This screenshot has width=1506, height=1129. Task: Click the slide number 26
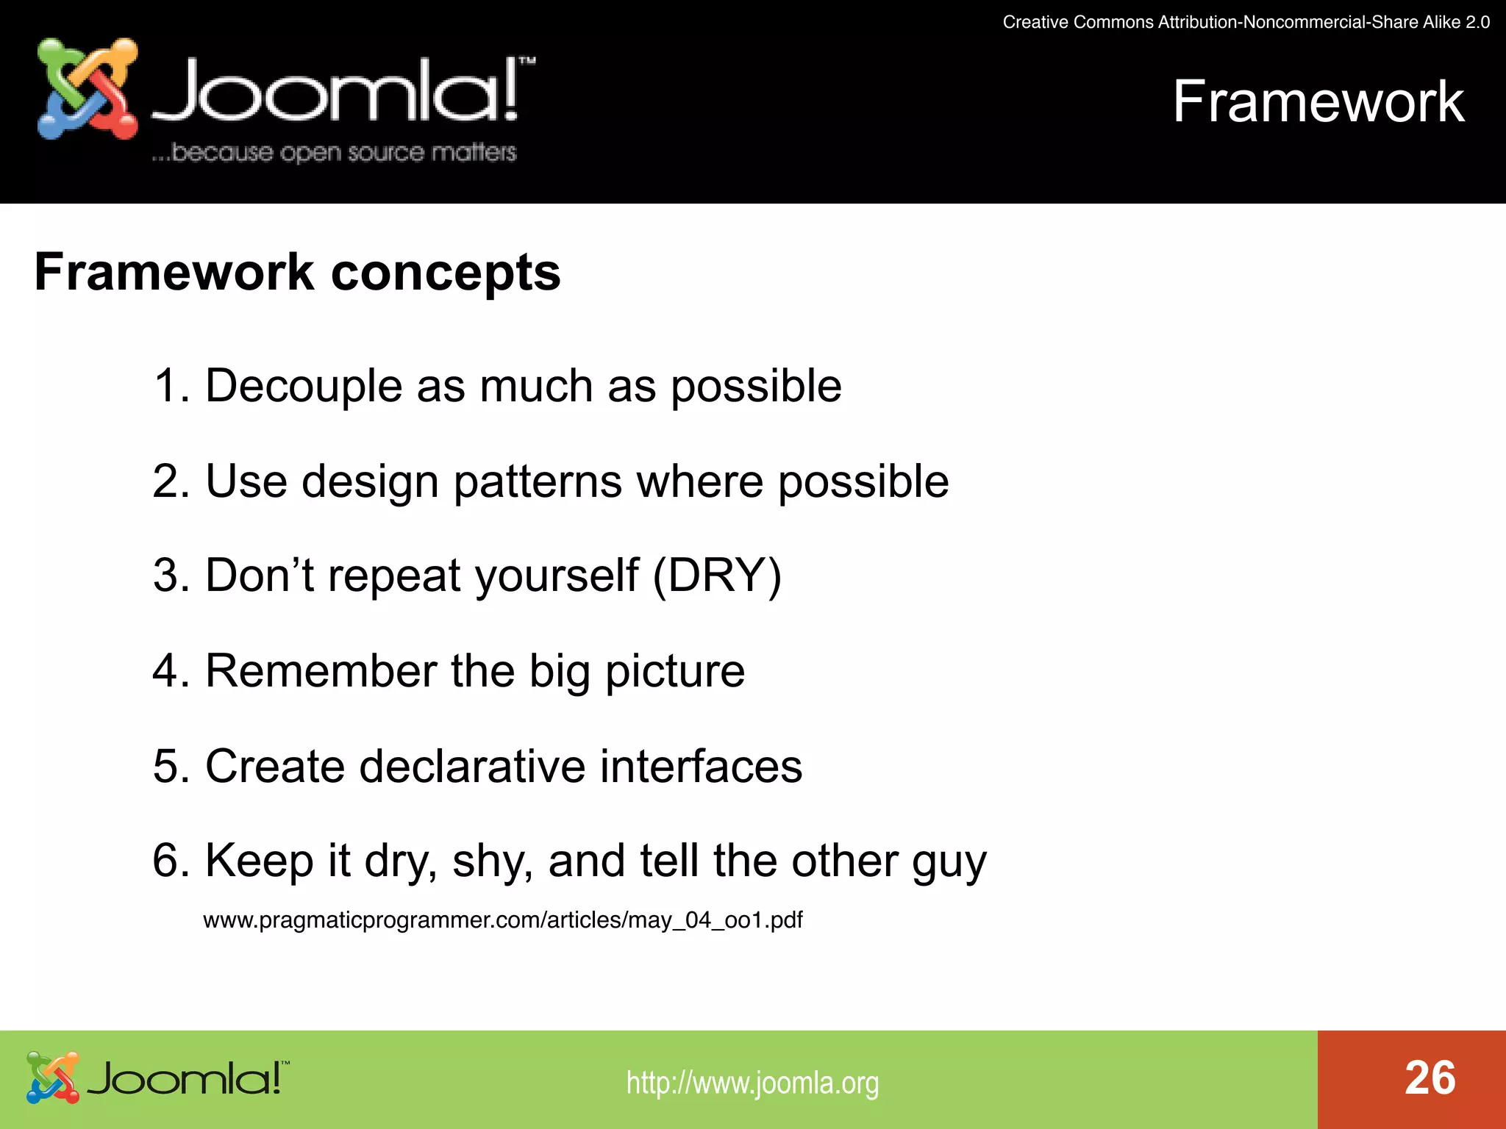tap(1430, 1078)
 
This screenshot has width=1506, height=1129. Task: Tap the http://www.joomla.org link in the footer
tap(752, 1083)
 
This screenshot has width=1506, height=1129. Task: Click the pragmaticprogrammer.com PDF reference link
tap(502, 920)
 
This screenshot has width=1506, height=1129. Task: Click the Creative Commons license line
tap(1246, 22)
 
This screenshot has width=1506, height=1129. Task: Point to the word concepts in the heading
tap(446, 273)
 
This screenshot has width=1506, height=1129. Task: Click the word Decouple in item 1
tap(304, 386)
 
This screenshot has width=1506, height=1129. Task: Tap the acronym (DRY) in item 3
tap(717, 576)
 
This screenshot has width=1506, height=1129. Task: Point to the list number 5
tap(167, 766)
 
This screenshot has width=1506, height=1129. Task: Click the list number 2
tap(167, 482)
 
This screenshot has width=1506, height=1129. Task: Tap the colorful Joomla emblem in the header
tap(88, 89)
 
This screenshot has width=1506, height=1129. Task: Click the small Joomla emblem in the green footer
tap(52, 1078)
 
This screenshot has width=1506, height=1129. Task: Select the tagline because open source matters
tap(335, 152)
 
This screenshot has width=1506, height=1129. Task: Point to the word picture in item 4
tap(674, 672)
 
